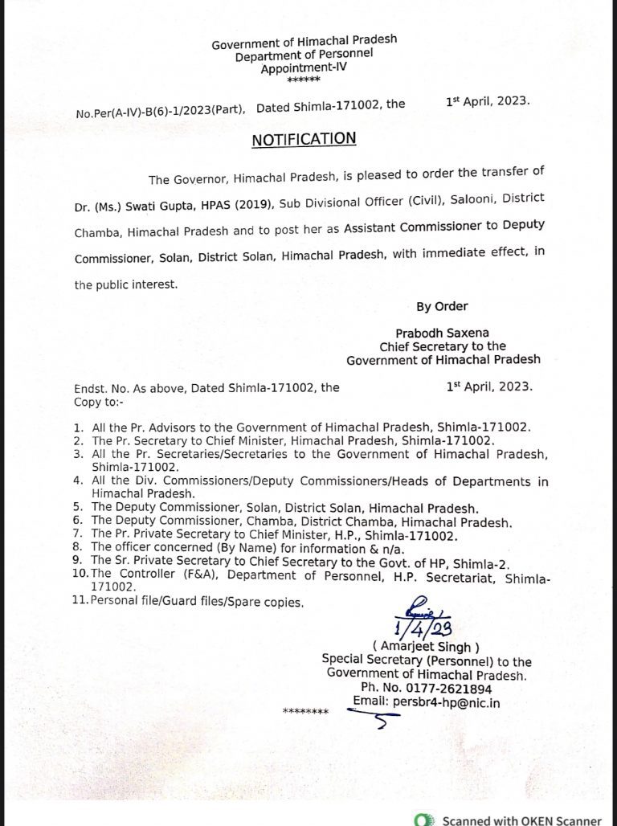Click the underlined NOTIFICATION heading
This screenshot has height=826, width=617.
(304, 139)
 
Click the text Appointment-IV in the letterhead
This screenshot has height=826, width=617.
(304, 69)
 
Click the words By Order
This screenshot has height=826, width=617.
(442, 305)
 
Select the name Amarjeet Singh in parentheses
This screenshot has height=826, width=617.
(426, 647)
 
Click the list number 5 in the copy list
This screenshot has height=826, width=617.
(77, 508)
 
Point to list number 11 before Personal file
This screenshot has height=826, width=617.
(80, 601)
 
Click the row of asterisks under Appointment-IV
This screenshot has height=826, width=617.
(304, 81)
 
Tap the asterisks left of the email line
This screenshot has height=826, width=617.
(306, 712)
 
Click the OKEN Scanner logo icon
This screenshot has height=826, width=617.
(419, 820)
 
